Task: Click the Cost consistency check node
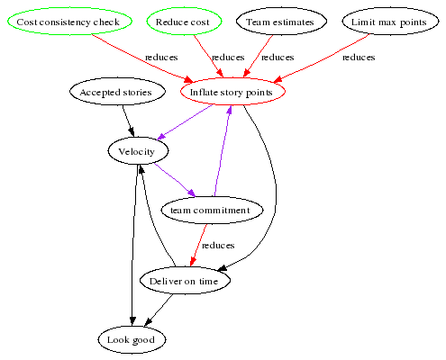click(69, 22)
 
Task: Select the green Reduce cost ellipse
click(184, 22)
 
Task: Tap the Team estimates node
click(281, 22)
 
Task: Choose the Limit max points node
click(390, 22)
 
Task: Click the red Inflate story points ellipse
click(232, 92)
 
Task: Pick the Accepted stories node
click(117, 92)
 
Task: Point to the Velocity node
click(138, 150)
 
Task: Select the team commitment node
click(212, 210)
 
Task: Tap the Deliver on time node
click(185, 281)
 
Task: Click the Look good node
click(132, 339)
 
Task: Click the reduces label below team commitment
click(218, 246)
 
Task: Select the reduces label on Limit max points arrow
click(359, 58)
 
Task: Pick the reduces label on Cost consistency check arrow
click(161, 58)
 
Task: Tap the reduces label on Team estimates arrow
click(278, 58)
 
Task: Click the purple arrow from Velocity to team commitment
click(175, 180)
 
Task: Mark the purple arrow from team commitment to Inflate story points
click(223, 150)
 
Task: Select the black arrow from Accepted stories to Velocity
click(128, 121)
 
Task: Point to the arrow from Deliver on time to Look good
click(159, 310)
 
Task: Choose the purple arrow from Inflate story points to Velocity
click(185, 122)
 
